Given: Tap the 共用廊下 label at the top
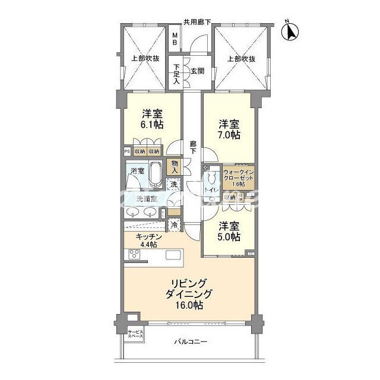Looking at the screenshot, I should click(x=198, y=22).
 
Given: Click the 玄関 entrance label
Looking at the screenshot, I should click(x=197, y=71).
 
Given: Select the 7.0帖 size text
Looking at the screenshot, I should click(x=229, y=135).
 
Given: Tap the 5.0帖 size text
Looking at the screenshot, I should click(x=229, y=236).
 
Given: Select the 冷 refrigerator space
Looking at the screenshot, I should click(x=174, y=225).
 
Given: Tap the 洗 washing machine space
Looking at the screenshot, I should click(x=173, y=185).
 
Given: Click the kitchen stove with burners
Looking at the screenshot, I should click(x=135, y=256).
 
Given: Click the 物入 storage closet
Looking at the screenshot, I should click(x=174, y=166).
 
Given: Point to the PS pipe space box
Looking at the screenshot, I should click(x=126, y=151).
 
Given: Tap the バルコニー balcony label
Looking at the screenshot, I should click(x=190, y=342).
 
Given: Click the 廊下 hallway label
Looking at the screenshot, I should click(x=193, y=147).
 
